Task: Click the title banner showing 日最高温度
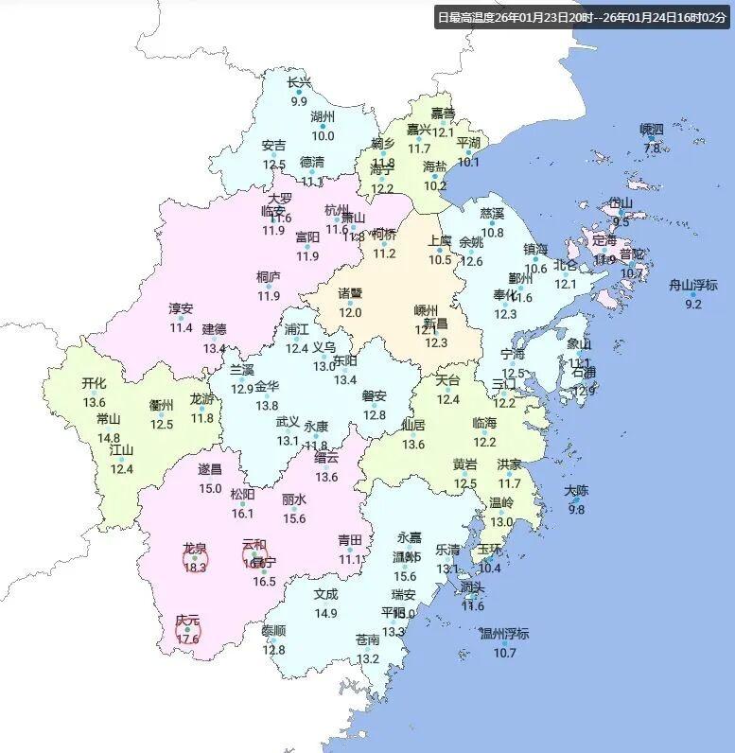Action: coord(584,17)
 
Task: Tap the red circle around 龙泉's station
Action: coord(195,560)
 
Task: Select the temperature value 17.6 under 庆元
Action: coord(187,639)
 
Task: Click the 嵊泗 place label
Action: coord(652,129)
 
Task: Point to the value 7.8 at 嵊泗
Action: coord(652,149)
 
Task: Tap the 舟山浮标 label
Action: coord(693,285)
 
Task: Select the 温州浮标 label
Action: coord(504,634)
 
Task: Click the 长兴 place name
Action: coord(299,82)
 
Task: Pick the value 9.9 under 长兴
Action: coord(299,101)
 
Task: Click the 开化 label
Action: coord(94,383)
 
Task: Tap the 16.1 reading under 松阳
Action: coord(242,514)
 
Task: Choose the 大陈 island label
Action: coord(576,491)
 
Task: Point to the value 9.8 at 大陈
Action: coord(576,510)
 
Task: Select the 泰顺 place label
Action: coord(273,631)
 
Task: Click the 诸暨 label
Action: coord(351,293)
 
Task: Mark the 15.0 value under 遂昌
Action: coord(210,489)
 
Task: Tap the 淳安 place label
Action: coord(181,308)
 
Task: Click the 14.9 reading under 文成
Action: coord(325,614)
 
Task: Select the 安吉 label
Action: coord(274,146)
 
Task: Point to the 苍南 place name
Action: coord(367,639)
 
